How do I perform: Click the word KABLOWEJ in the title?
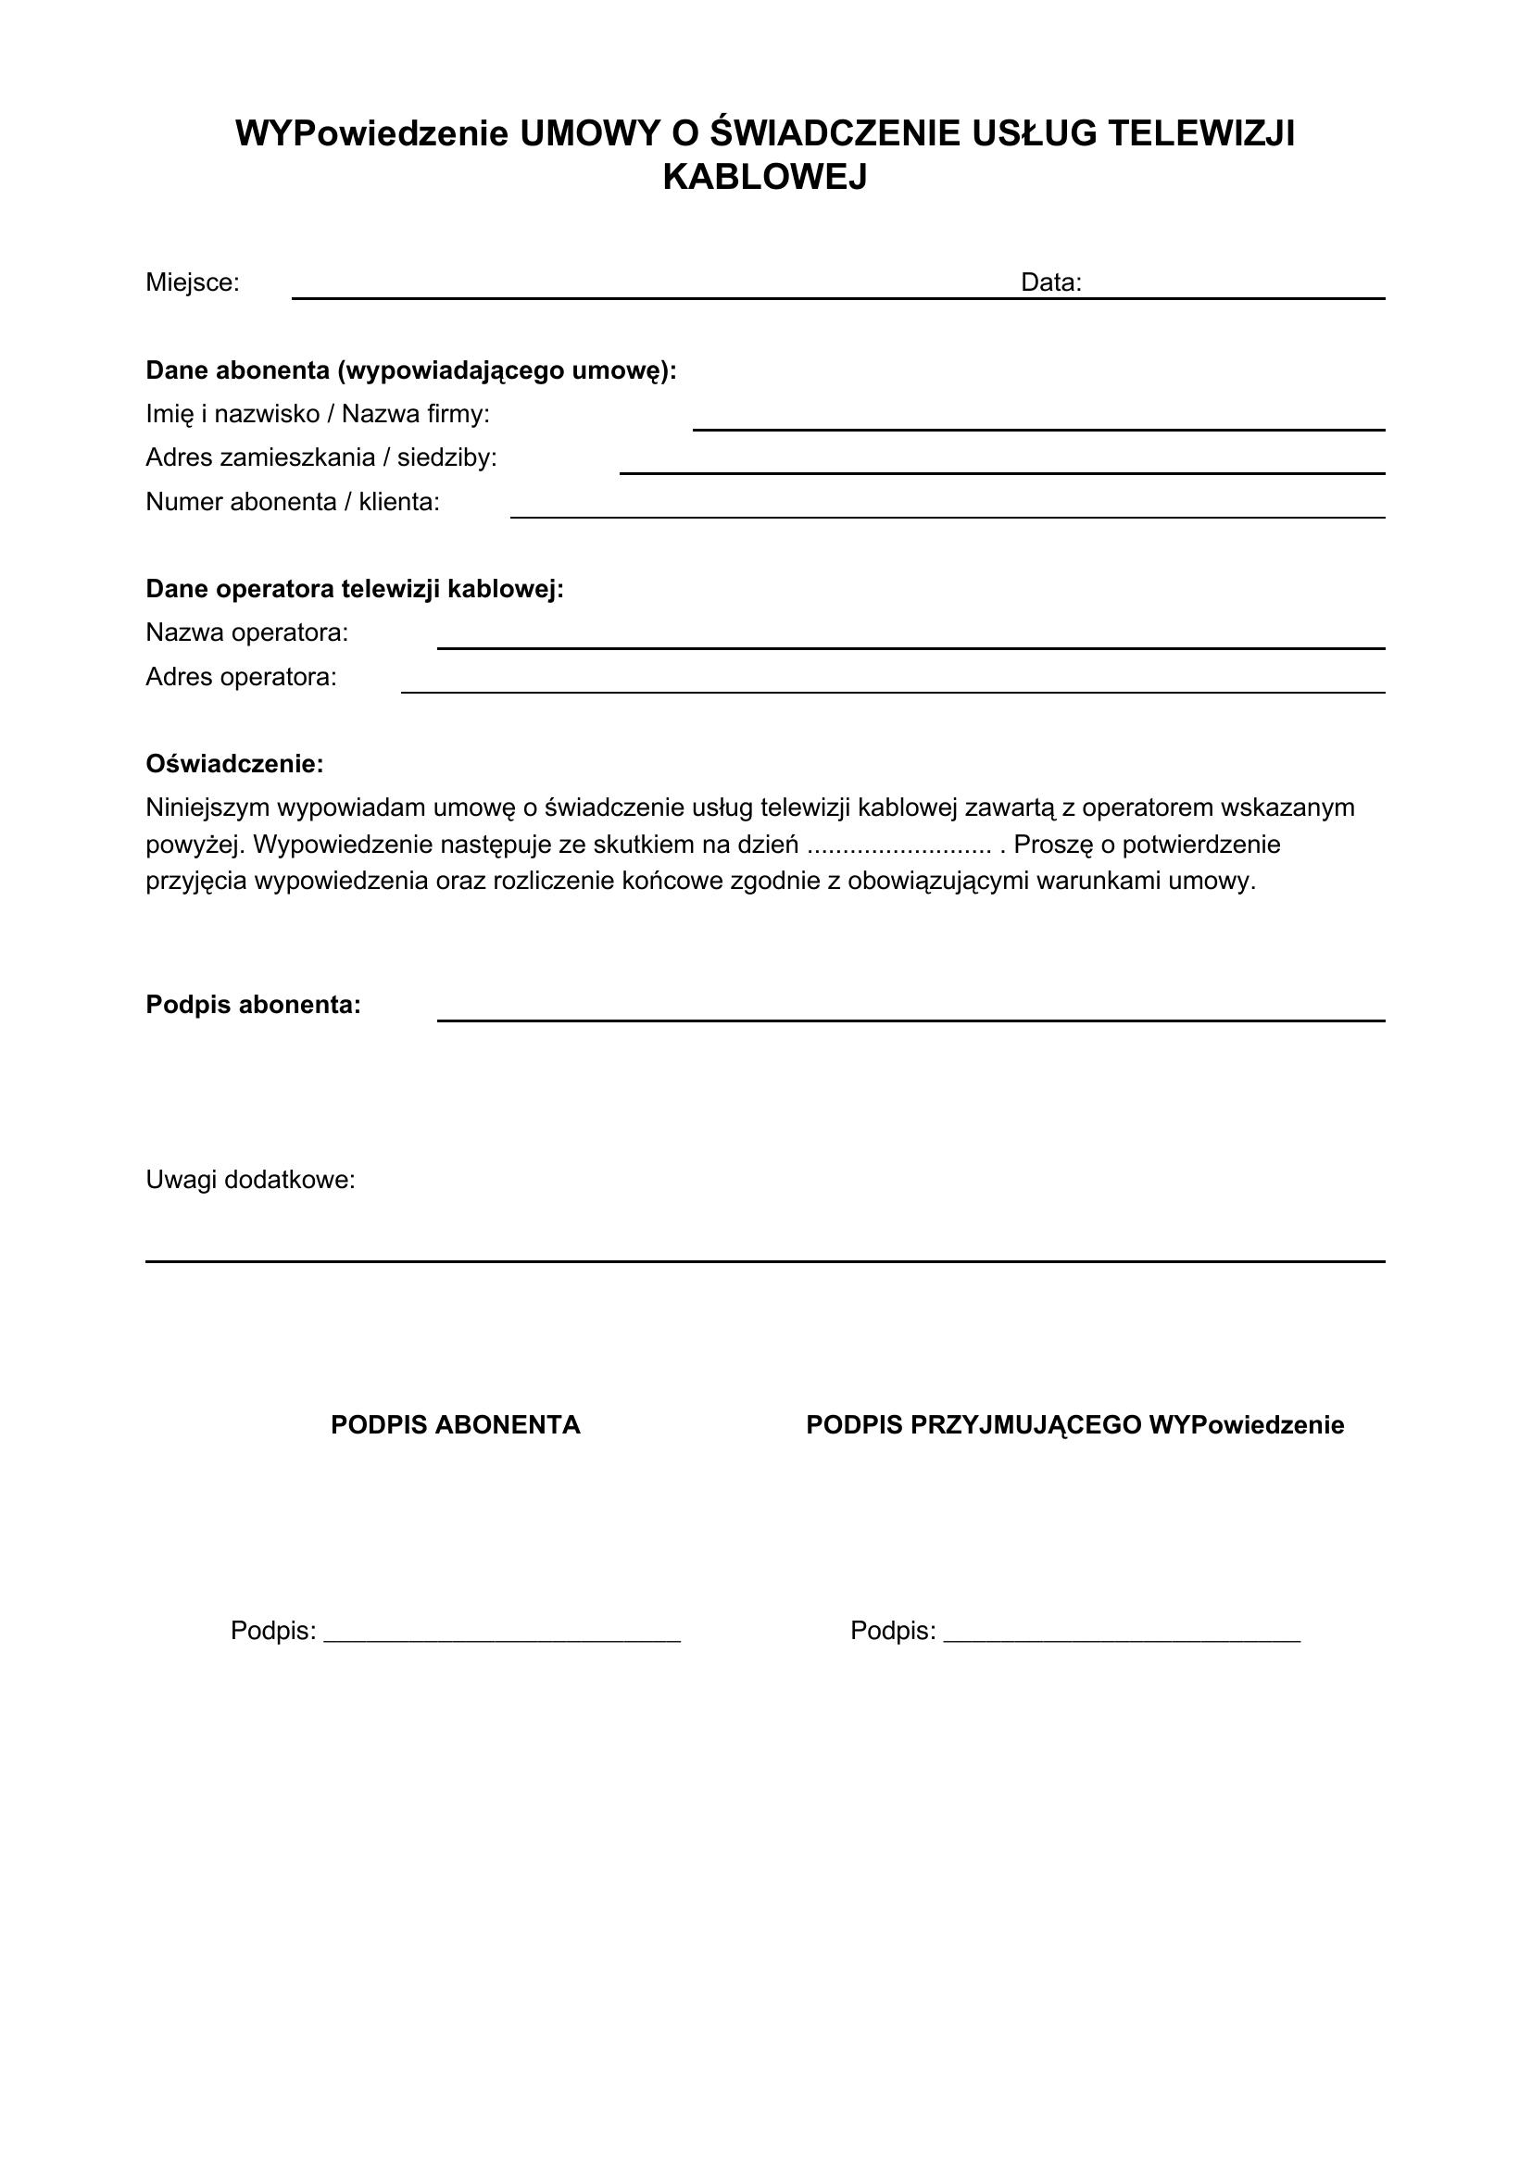point(764,178)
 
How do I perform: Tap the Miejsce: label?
point(193,282)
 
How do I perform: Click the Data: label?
point(1051,282)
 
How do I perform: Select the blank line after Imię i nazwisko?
point(1037,429)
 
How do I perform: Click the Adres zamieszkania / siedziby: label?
point(320,457)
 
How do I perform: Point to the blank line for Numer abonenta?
point(948,516)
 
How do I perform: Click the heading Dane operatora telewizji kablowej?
point(355,590)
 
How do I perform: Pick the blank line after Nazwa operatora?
point(910,647)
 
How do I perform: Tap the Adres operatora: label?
point(241,677)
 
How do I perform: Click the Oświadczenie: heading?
point(234,764)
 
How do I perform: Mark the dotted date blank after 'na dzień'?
point(900,845)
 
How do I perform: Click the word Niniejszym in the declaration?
point(207,808)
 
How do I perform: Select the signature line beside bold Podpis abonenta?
point(910,1019)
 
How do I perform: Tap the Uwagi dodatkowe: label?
point(250,1180)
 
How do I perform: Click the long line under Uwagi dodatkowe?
point(764,1260)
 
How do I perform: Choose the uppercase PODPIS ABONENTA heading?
point(456,1425)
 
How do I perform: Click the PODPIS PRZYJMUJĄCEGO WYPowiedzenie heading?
point(1074,1425)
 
